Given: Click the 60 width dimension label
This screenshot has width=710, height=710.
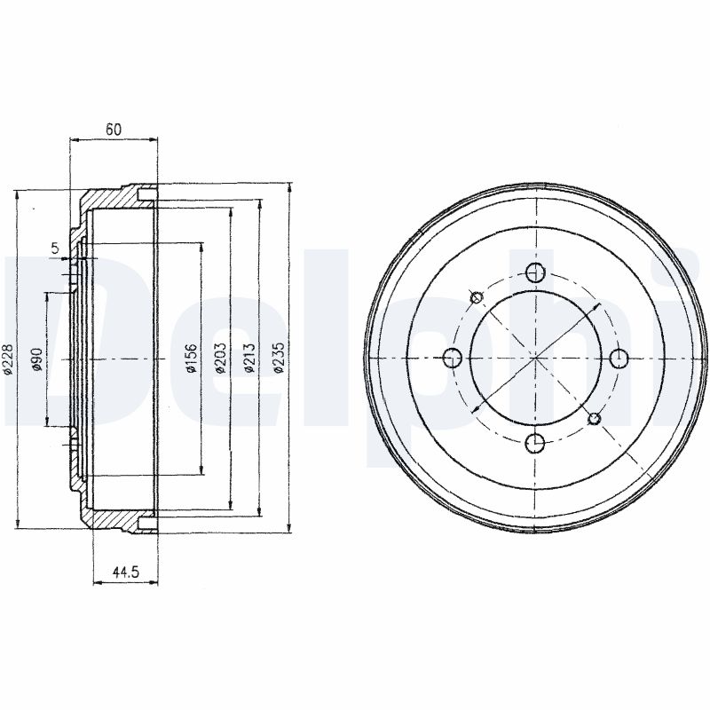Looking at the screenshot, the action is pyautogui.click(x=114, y=130).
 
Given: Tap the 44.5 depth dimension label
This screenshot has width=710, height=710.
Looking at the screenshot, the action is pyautogui.click(x=125, y=572).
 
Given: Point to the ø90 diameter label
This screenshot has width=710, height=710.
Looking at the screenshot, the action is pyautogui.click(x=37, y=359).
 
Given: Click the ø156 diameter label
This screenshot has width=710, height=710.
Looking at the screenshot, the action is pyautogui.click(x=192, y=359).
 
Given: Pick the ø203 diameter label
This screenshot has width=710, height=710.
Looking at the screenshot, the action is pyautogui.click(x=220, y=359).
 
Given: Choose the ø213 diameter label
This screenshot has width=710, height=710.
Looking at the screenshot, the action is pyautogui.click(x=249, y=359).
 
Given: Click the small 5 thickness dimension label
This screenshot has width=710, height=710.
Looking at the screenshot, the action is pyautogui.click(x=55, y=248).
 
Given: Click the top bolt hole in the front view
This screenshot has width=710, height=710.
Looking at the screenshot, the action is pyautogui.click(x=536, y=272).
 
